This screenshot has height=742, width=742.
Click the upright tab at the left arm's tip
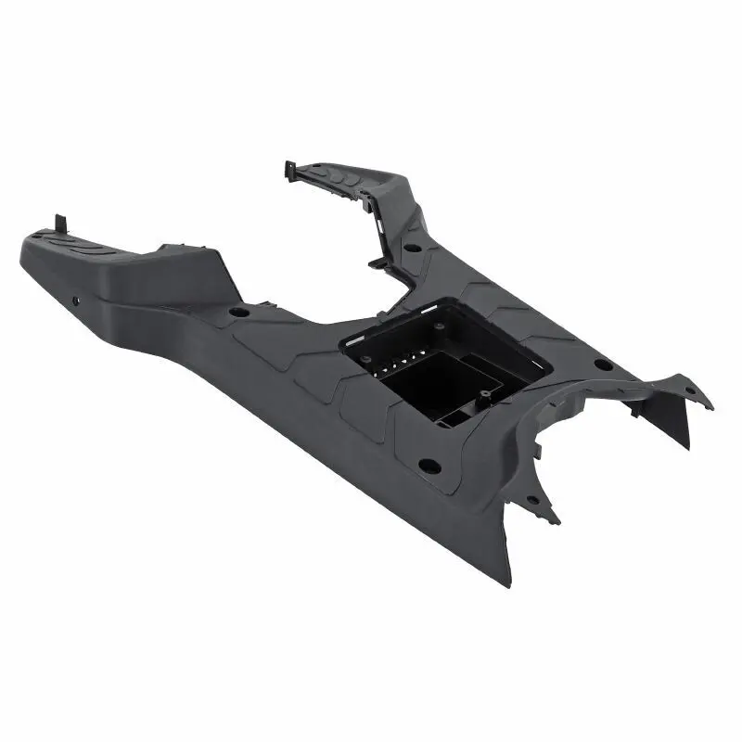click(x=61, y=224)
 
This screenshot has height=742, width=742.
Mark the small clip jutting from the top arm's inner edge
click(x=376, y=262)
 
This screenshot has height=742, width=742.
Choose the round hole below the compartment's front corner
click(x=429, y=464)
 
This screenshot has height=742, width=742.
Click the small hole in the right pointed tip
click(x=687, y=391)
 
